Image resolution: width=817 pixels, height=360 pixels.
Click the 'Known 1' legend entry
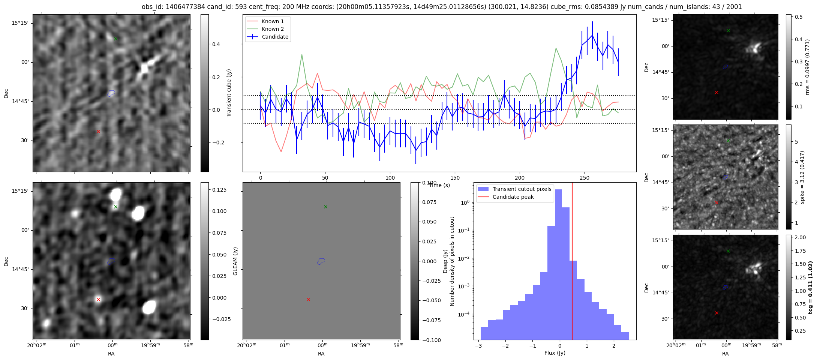(273, 21)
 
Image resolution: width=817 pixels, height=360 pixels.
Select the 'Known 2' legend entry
(273, 29)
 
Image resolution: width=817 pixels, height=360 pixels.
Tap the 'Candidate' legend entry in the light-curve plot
(275, 37)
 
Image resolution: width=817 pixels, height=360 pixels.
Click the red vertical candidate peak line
(572, 262)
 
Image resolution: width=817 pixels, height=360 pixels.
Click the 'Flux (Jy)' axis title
(555, 353)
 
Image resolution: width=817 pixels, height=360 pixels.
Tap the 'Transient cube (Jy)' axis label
(229, 93)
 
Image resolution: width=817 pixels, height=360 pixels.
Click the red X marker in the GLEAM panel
(308, 299)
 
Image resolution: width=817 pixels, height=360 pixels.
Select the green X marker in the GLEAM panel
(325, 207)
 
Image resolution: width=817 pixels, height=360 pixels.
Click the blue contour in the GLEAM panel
(321, 261)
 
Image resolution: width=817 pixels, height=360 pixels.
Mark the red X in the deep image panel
(98, 299)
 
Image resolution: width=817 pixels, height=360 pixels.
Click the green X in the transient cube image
(115, 39)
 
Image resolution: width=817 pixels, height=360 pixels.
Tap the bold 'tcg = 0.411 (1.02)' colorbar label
(810, 288)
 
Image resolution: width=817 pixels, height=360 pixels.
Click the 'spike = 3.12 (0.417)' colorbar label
(803, 177)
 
